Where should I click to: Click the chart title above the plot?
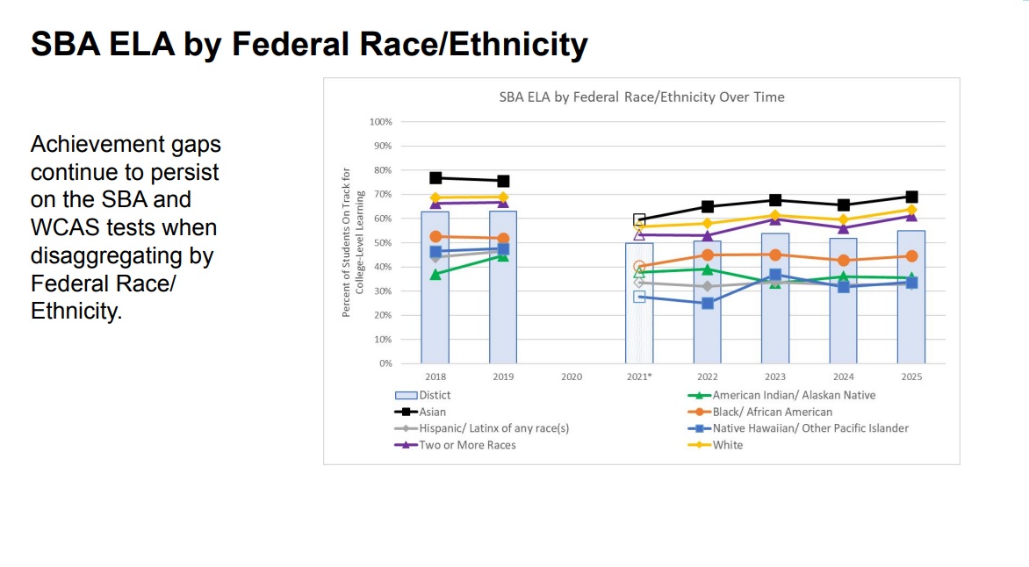pyautogui.click(x=642, y=97)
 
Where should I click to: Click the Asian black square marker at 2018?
pyautogui.click(x=435, y=177)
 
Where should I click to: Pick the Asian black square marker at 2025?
pyautogui.click(x=911, y=197)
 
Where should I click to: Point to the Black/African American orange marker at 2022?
pyautogui.click(x=708, y=255)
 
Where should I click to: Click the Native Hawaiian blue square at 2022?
pyautogui.click(x=708, y=303)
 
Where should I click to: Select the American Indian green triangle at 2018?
pyautogui.click(x=435, y=275)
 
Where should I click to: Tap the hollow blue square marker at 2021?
pyautogui.click(x=639, y=297)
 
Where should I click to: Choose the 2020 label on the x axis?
pyautogui.click(x=571, y=377)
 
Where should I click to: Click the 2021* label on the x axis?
pyautogui.click(x=639, y=377)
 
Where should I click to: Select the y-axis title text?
pyautogui.click(x=352, y=242)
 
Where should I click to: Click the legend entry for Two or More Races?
pyautogui.click(x=467, y=445)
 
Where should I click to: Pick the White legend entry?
pyautogui.click(x=727, y=445)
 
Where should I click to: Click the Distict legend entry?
pyautogui.click(x=435, y=395)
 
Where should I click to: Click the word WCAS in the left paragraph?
pyautogui.click(x=69, y=227)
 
